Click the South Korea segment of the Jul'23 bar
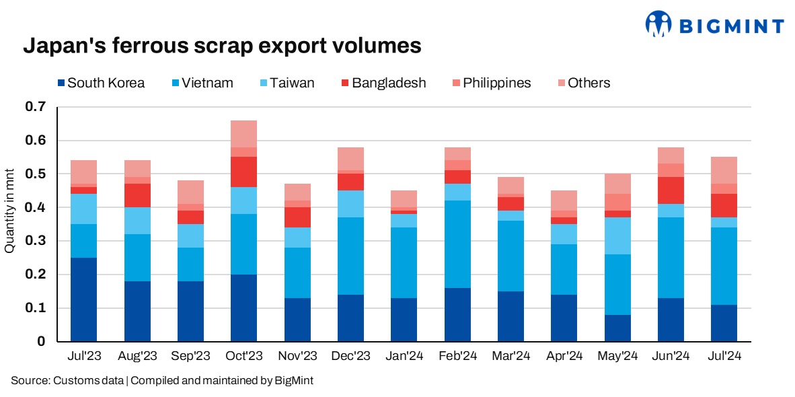[84, 299]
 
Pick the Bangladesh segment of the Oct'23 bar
[243, 172]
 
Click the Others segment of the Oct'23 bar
[243, 134]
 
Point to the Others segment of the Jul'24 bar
[723, 170]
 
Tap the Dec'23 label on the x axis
[350, 355]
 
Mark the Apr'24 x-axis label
[563, 355]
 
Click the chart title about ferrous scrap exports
[222, 46]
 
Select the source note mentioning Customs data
[162, 381]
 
